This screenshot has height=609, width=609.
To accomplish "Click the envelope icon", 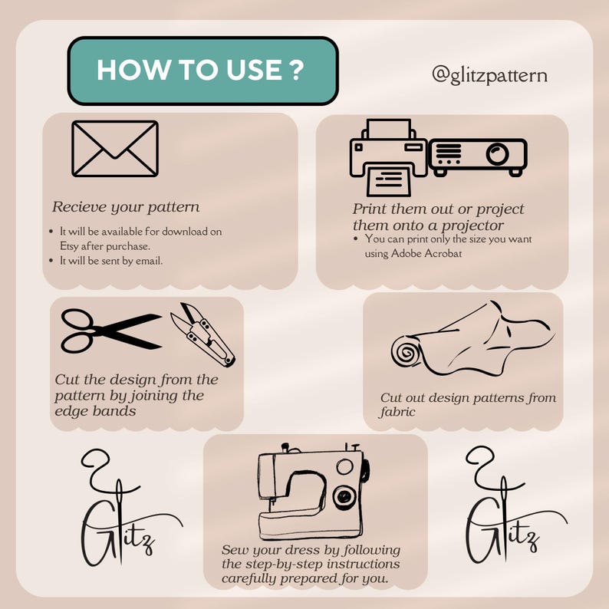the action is [x=115, y=149].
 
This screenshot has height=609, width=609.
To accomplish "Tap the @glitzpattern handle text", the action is [x=489, y=75].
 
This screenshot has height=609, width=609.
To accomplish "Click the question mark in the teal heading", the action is [x=296, y=70].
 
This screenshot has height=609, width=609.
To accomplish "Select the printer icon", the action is [x=388, y=157].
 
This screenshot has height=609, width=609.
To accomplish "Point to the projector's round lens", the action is [x=497, y=153].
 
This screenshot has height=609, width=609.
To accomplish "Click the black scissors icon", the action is [x=111, y=331].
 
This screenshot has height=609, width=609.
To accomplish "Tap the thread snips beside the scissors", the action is [x=202, y=334].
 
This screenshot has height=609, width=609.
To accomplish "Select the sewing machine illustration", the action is [x=314, y=492].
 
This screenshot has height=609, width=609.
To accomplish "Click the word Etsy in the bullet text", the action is [x=69, y=246].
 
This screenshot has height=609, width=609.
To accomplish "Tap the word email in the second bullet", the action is [x=149, y=261].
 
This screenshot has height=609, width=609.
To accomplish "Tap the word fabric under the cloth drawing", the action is [x=397, y=412].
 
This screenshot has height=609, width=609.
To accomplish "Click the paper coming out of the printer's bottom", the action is [x=389, y=180].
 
